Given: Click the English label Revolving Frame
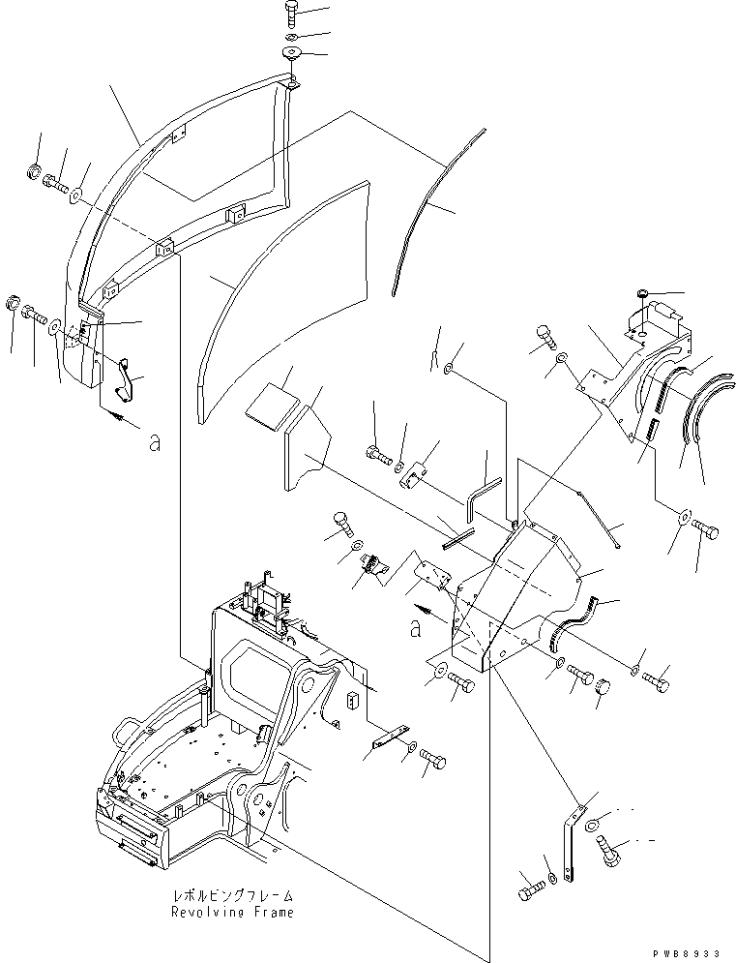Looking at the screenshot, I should [x=232, y=912].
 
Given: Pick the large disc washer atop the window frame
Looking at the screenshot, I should [x=291, y=53].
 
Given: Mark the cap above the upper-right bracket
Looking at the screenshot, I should [x=643, y=294].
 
